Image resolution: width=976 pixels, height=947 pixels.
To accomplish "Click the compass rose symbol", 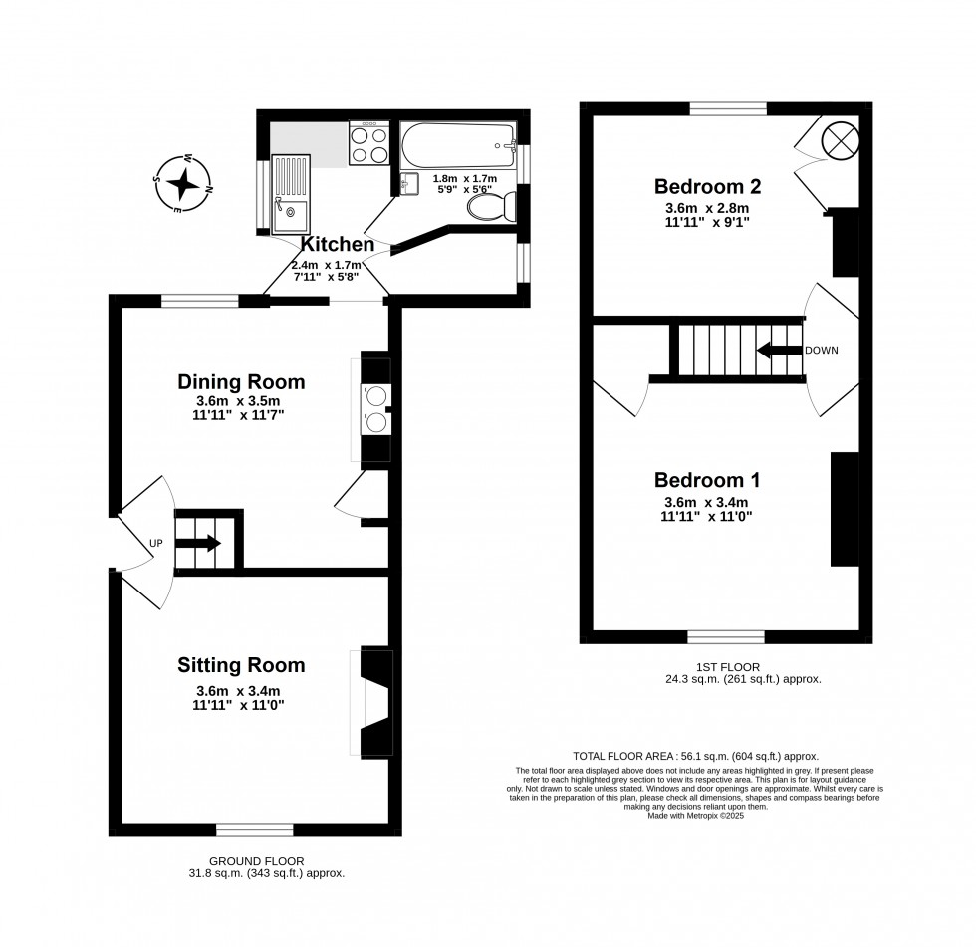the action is (x=182, y=183).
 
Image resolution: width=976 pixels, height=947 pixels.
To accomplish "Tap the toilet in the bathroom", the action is (x=492, y=206).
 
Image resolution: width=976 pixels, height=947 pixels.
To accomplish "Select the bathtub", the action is (x=458, y=145).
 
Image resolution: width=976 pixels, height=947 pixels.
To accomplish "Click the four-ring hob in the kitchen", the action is (x=369, y=143).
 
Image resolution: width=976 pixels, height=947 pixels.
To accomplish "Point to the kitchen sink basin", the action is (x=290, y=216).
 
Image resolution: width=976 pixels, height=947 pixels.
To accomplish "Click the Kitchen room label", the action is (x=338, y=244).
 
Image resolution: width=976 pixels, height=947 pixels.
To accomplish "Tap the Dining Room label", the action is (x=241, y=381).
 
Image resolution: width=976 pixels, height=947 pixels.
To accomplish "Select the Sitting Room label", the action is (x=241, y=665).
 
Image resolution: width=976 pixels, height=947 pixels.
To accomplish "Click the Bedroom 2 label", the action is (x=708, y=186).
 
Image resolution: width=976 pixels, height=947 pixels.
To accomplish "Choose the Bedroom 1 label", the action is (x=707, y=480).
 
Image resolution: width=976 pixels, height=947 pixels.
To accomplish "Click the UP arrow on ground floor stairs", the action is (x=198, y=543).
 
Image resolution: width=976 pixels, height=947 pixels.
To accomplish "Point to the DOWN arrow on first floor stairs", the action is (x=779, y=350).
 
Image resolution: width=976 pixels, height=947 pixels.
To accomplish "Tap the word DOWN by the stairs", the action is (x=822, y=351).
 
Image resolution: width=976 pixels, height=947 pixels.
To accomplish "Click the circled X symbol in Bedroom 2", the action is (x=841, y=141).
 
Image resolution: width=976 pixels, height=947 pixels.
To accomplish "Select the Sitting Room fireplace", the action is (x=372, y=703).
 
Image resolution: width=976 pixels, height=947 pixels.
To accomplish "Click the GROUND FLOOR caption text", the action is (x=257, y=861).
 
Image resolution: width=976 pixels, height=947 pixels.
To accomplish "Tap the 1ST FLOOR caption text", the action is (x=729, y=667).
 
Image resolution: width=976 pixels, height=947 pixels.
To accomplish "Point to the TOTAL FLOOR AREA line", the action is (x=696, y=757).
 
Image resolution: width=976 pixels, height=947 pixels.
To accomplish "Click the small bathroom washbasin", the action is (x=410, y=184).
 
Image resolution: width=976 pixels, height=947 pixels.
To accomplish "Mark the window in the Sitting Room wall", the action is (x=255, y=830).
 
